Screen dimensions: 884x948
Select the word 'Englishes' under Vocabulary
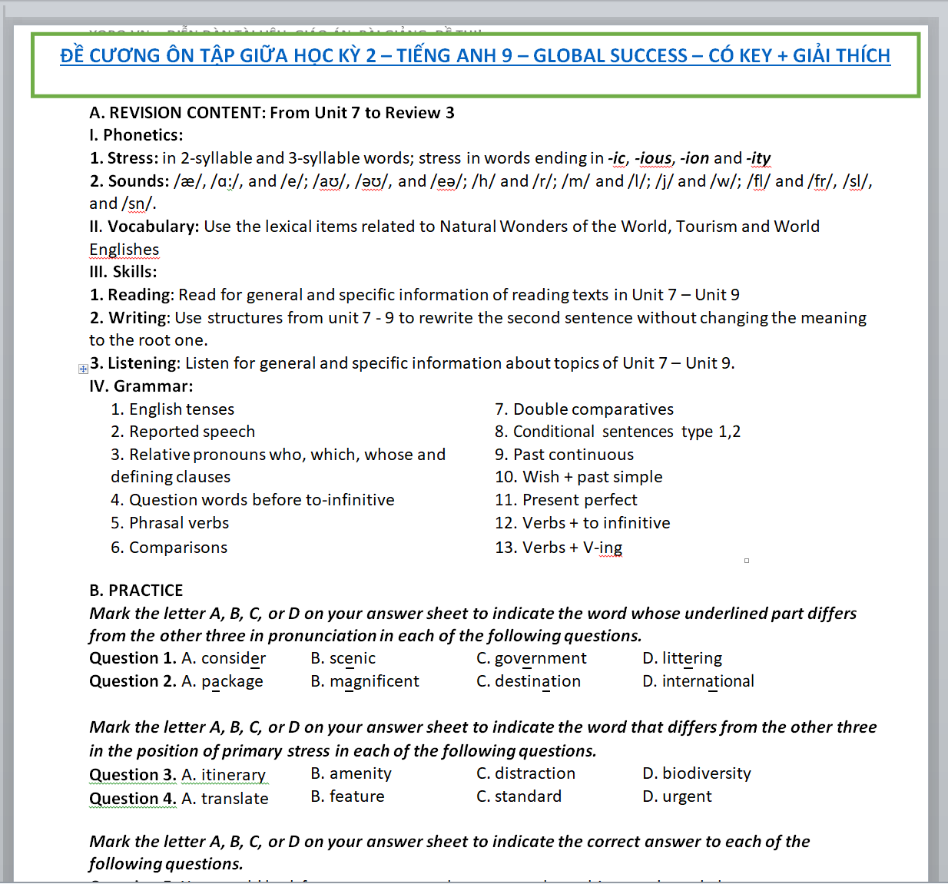coord(124,250)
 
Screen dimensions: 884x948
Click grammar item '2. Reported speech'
coord(183,432)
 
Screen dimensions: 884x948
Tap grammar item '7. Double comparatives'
coord(584,409)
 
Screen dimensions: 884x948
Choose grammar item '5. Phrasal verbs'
coord(170,523)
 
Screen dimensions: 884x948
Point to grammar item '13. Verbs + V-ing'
coord(559,548)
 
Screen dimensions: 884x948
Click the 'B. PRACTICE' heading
coord(136,591)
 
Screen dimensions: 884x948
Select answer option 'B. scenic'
coord(343,658)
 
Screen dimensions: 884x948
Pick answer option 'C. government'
coord(531,658)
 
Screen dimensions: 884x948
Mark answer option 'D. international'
coord(698,681)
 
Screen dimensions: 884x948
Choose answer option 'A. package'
coord(222,681)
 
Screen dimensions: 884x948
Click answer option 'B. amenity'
coord(351,773)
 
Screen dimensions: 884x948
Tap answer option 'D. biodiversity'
coord(696,773)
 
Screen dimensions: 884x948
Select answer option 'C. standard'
coord(519,796)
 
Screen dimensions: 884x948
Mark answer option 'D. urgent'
coord(677,796)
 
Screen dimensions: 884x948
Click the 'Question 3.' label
coord(132,775)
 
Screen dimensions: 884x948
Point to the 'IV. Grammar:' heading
coord(141,386)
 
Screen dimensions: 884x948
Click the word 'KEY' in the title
coord(747,56)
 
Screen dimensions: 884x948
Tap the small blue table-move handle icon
coord(83,369)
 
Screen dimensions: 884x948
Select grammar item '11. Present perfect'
coord(565,500)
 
